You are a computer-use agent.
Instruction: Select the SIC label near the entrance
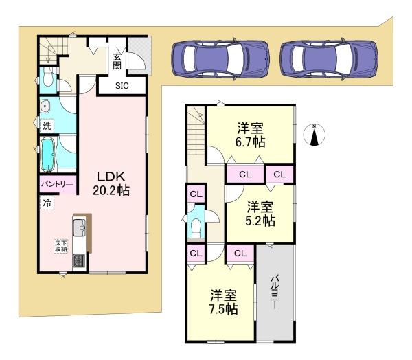(122, 86)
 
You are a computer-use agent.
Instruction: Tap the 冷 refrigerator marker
(47, 203)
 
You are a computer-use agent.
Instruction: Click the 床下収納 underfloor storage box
(60, 246)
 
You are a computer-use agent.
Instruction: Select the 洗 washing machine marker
(46, 126)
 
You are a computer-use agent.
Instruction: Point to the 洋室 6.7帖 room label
(250, 134)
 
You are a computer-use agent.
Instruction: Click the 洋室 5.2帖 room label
(260, 213)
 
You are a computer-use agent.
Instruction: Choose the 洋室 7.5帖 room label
(223, 302)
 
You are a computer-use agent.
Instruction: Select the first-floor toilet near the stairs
(46, 78)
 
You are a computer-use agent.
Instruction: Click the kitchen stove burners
(78, 262)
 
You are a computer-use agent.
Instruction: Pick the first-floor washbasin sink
(45, 106)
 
